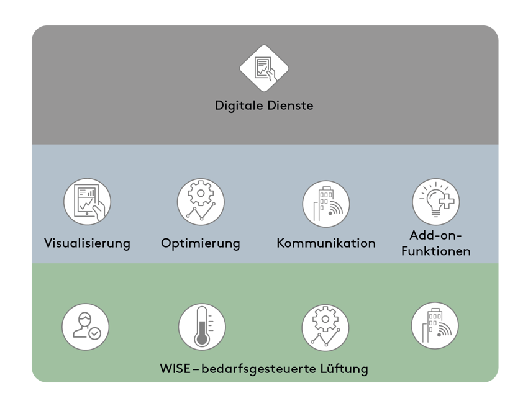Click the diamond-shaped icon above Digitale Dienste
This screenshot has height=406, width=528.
pos(265,68)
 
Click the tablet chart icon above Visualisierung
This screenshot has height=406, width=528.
pos(87,202)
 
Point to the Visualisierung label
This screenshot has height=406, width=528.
pos(87,243)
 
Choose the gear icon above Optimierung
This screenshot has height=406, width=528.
pos(201,202)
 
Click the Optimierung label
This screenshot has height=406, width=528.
pos(200,243)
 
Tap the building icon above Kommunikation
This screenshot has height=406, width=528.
pos(326,204)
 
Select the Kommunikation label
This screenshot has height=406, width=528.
pos(326,243)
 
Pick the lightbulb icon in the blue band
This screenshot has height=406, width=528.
pos(435,202)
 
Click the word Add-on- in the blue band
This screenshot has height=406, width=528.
pos(436,235)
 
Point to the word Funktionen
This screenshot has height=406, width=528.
pos(435,251)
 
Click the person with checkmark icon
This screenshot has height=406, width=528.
pos(86,327)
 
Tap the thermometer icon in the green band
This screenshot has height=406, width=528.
pos(201,327)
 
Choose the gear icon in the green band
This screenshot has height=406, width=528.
pos(325,327)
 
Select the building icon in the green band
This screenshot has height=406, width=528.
pos(435,326)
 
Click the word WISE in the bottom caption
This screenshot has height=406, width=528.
pos(175,369)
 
